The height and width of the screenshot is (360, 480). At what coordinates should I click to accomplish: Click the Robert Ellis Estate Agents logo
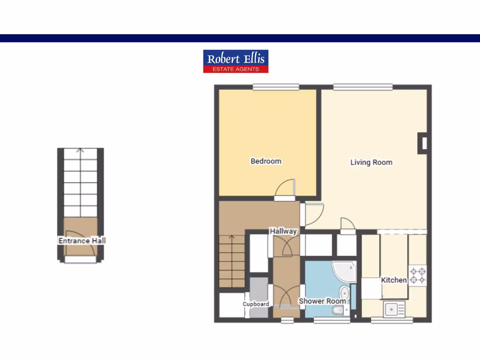tap(236, 61)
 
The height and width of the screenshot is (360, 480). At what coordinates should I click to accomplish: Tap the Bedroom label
tap(266, 161)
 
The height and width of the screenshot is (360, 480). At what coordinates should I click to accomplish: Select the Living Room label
tap(371, 162)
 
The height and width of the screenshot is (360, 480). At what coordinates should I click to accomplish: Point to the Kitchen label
tap(394, 280)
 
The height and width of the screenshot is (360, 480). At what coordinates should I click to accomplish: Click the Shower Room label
tap(322, 300)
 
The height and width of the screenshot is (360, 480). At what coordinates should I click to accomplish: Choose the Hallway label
tap(283, 231)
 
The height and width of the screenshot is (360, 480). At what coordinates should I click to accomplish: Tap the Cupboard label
tap(256, 304)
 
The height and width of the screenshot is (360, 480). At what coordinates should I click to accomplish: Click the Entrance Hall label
tap(82, 240)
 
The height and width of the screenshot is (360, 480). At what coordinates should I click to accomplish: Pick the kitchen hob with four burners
tap(418, 276)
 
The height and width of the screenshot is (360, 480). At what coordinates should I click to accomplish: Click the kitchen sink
tap(394, 309)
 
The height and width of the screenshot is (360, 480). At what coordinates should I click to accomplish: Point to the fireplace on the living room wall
tap(423, 143)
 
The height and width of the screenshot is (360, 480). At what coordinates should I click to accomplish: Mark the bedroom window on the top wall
tap(276, 87)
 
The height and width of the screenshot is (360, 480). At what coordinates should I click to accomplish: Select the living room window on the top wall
tap(363, 87)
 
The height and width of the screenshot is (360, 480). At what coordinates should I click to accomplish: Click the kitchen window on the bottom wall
tap(392, 320)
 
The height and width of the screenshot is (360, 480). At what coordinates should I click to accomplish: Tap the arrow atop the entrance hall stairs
tap(80, 151)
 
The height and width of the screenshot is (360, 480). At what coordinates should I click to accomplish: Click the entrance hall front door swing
tap(81, 244)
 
